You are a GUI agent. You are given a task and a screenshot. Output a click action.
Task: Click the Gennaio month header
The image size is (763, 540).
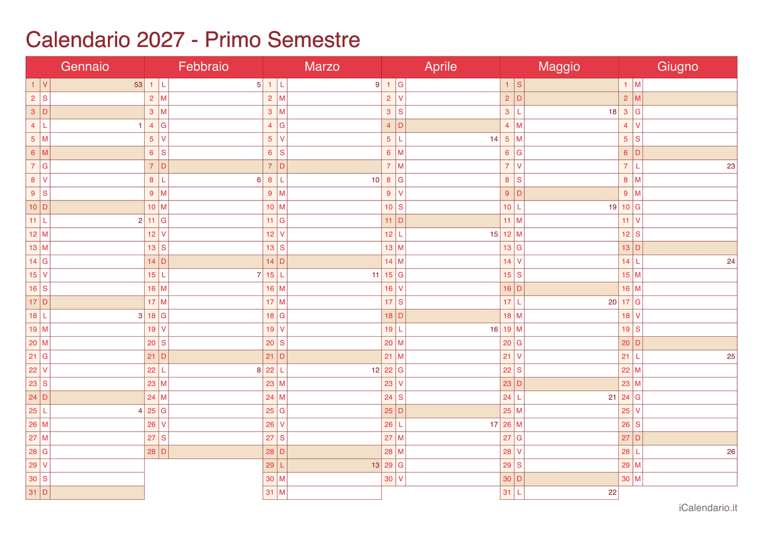click(x=85, y=67)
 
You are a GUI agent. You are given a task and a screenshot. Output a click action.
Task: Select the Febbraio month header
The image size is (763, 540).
click(x=203, y=67)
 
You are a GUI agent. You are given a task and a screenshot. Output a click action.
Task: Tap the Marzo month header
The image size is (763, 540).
click(x=322, y=67)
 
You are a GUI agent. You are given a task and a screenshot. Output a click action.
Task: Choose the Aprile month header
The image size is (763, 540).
click(x=441, y=67)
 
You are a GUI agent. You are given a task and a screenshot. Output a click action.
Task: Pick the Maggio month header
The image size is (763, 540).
click(x=559, y=67)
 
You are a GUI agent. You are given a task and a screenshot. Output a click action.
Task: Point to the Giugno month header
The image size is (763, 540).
click(x=678, y=67)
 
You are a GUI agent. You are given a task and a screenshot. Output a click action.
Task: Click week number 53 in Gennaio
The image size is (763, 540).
click(x=138, y=85)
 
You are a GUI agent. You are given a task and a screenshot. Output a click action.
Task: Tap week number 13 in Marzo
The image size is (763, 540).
click(x=375, y=465)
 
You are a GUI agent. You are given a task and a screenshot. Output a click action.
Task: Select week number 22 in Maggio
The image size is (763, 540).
click(x=612, y=493)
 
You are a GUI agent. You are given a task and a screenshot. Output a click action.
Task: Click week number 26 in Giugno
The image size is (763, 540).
click(x=731, y=452)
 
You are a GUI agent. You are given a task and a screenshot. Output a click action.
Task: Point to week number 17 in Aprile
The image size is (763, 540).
click(x=494, y=424)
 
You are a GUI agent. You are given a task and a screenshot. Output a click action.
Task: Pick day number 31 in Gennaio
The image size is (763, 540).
click(x=33, y=493)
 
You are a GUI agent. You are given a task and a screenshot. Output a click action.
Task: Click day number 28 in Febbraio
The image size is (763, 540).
click(x=151, y=452)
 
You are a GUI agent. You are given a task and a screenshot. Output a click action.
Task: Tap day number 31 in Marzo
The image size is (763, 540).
click(x=270, y=493)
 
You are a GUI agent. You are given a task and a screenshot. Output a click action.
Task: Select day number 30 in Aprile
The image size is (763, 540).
click(x=389, y=479)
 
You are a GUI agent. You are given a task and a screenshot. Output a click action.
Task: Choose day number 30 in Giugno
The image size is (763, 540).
click(x=626, y=479)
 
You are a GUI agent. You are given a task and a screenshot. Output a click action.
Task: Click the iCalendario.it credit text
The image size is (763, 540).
click(x=708, y=508)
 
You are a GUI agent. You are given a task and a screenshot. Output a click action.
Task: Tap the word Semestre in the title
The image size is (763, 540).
click(x=313, y=40)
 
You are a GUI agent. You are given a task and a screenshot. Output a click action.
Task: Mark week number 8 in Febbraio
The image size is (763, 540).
click(x=259, y=370)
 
